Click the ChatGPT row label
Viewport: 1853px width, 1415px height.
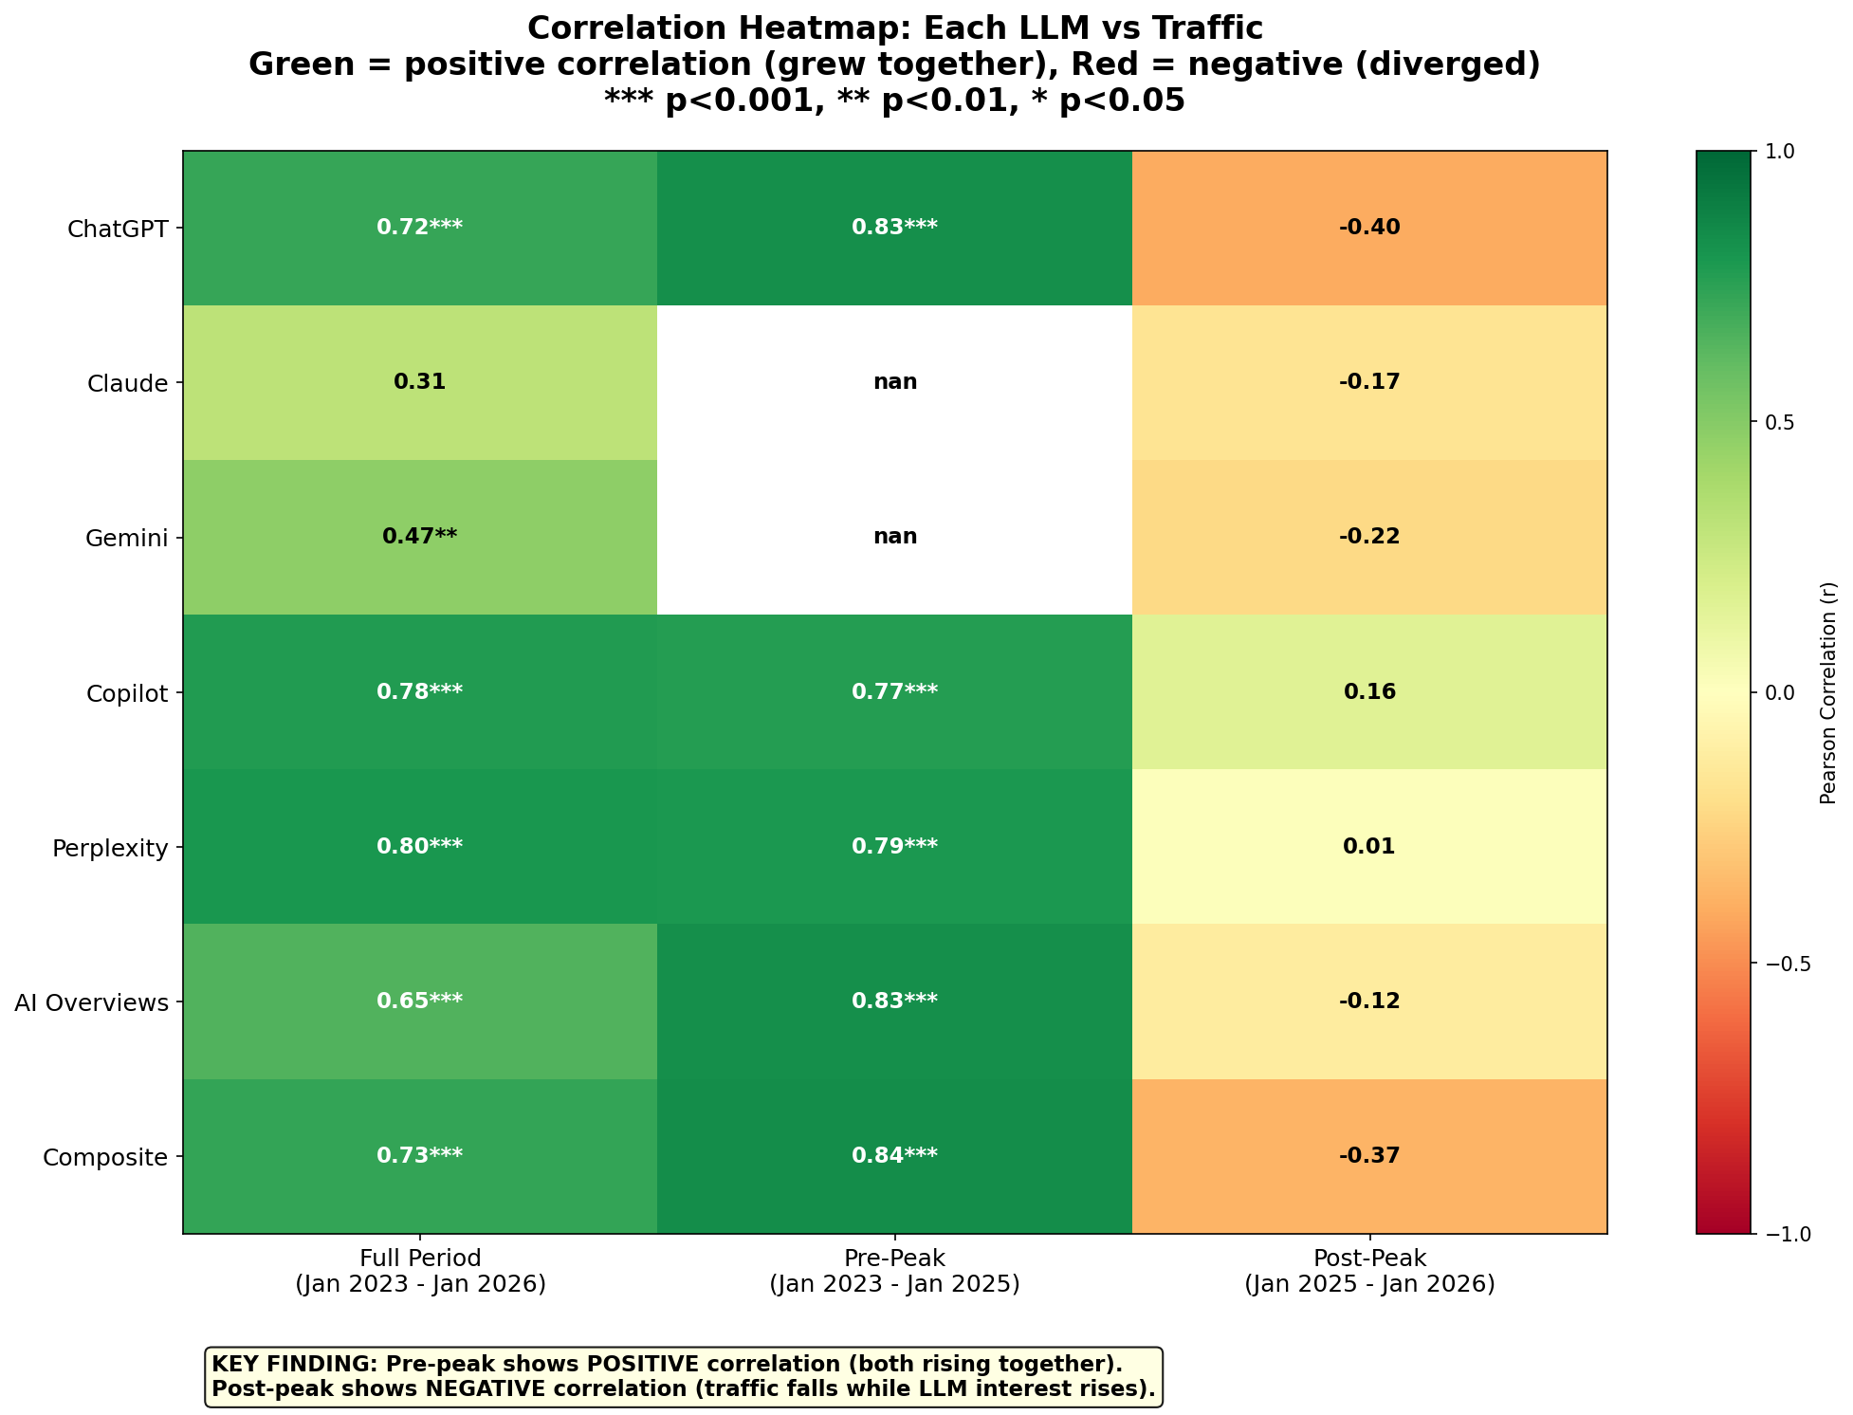point(118,229)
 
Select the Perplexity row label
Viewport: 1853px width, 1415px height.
point(109,848)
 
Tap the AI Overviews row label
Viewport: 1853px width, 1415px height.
point(91,1002)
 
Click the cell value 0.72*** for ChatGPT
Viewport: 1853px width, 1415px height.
point(419,228)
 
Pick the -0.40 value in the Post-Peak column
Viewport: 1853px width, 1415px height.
point(1368,228)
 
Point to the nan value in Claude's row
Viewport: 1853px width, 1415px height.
point(894,382)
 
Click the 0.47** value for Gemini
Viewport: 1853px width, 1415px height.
point(419,537)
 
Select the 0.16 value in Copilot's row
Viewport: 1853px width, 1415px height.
point(1368,691)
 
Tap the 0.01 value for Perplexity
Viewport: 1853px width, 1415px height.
point(1368,846)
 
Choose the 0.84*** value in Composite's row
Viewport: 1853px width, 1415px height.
point(894,1155)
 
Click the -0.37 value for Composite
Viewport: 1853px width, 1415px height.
point(1368,1155)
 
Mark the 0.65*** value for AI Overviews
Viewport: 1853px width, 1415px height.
point(419,1001)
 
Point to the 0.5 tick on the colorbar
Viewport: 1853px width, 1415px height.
point(1777,422)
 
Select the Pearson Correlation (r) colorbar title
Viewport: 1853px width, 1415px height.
point(1827,692)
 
